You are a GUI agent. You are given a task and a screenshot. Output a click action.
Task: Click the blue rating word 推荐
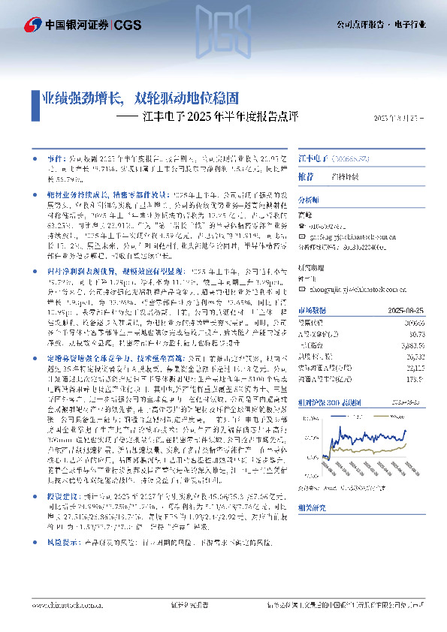click(306, 176)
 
